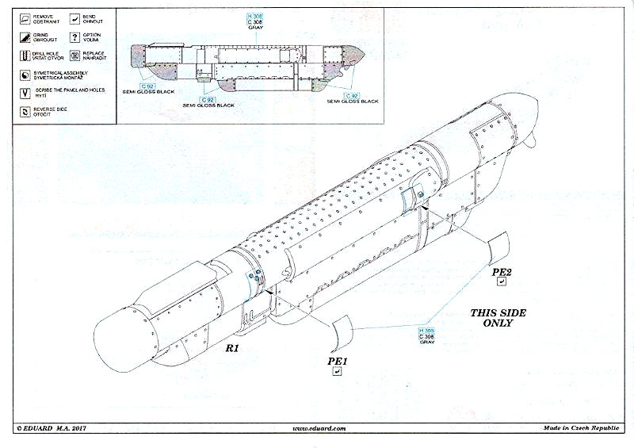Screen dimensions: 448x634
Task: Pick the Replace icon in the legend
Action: (75, 56)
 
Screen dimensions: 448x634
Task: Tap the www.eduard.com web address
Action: (319, 429)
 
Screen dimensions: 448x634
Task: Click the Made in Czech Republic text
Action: (582, 429)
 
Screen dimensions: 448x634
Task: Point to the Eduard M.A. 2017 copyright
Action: (52, 429)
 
